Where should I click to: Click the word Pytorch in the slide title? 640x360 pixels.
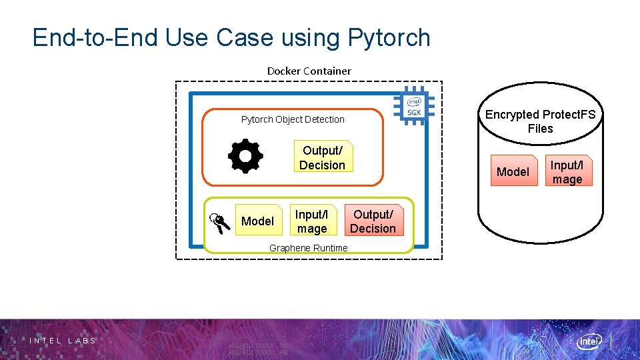pyautogui.click(x=389, y=38)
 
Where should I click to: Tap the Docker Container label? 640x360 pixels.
pyautogui.click(x=309, y=71)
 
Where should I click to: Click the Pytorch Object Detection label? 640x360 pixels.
pyautogui.click(x=293, y=120)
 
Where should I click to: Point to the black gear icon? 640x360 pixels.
pyautogui.click(x=245, y=156)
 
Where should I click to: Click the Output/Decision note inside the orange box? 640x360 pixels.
pyautogui.click(x=323, y=158)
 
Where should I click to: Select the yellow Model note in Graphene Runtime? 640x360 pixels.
pyautogui.click(x=257, y=221)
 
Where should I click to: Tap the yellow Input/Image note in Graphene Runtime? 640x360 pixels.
pyautogui.click(x=313, y=221)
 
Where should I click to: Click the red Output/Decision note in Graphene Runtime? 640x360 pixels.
pyautogui.click(x=373, y=221)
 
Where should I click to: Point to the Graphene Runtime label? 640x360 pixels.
pyautogui.click(x=308, y=248)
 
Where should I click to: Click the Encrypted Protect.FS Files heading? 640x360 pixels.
pyautogui.click(x=540, y=121)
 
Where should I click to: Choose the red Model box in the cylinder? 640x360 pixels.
pyautogui.click(x=513, y=172)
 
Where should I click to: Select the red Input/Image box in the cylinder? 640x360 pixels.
pyautogui.click(x=567, y=172)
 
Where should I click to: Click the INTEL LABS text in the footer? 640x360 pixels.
pyautogui.click(x=63, y=341)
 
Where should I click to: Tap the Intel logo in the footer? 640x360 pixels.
pyautogui.click(x=589, y=341)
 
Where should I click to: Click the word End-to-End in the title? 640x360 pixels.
pyautogui.click(x=95, y=38)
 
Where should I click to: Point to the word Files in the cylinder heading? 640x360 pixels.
pyautogui.click(x=540, y=129)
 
